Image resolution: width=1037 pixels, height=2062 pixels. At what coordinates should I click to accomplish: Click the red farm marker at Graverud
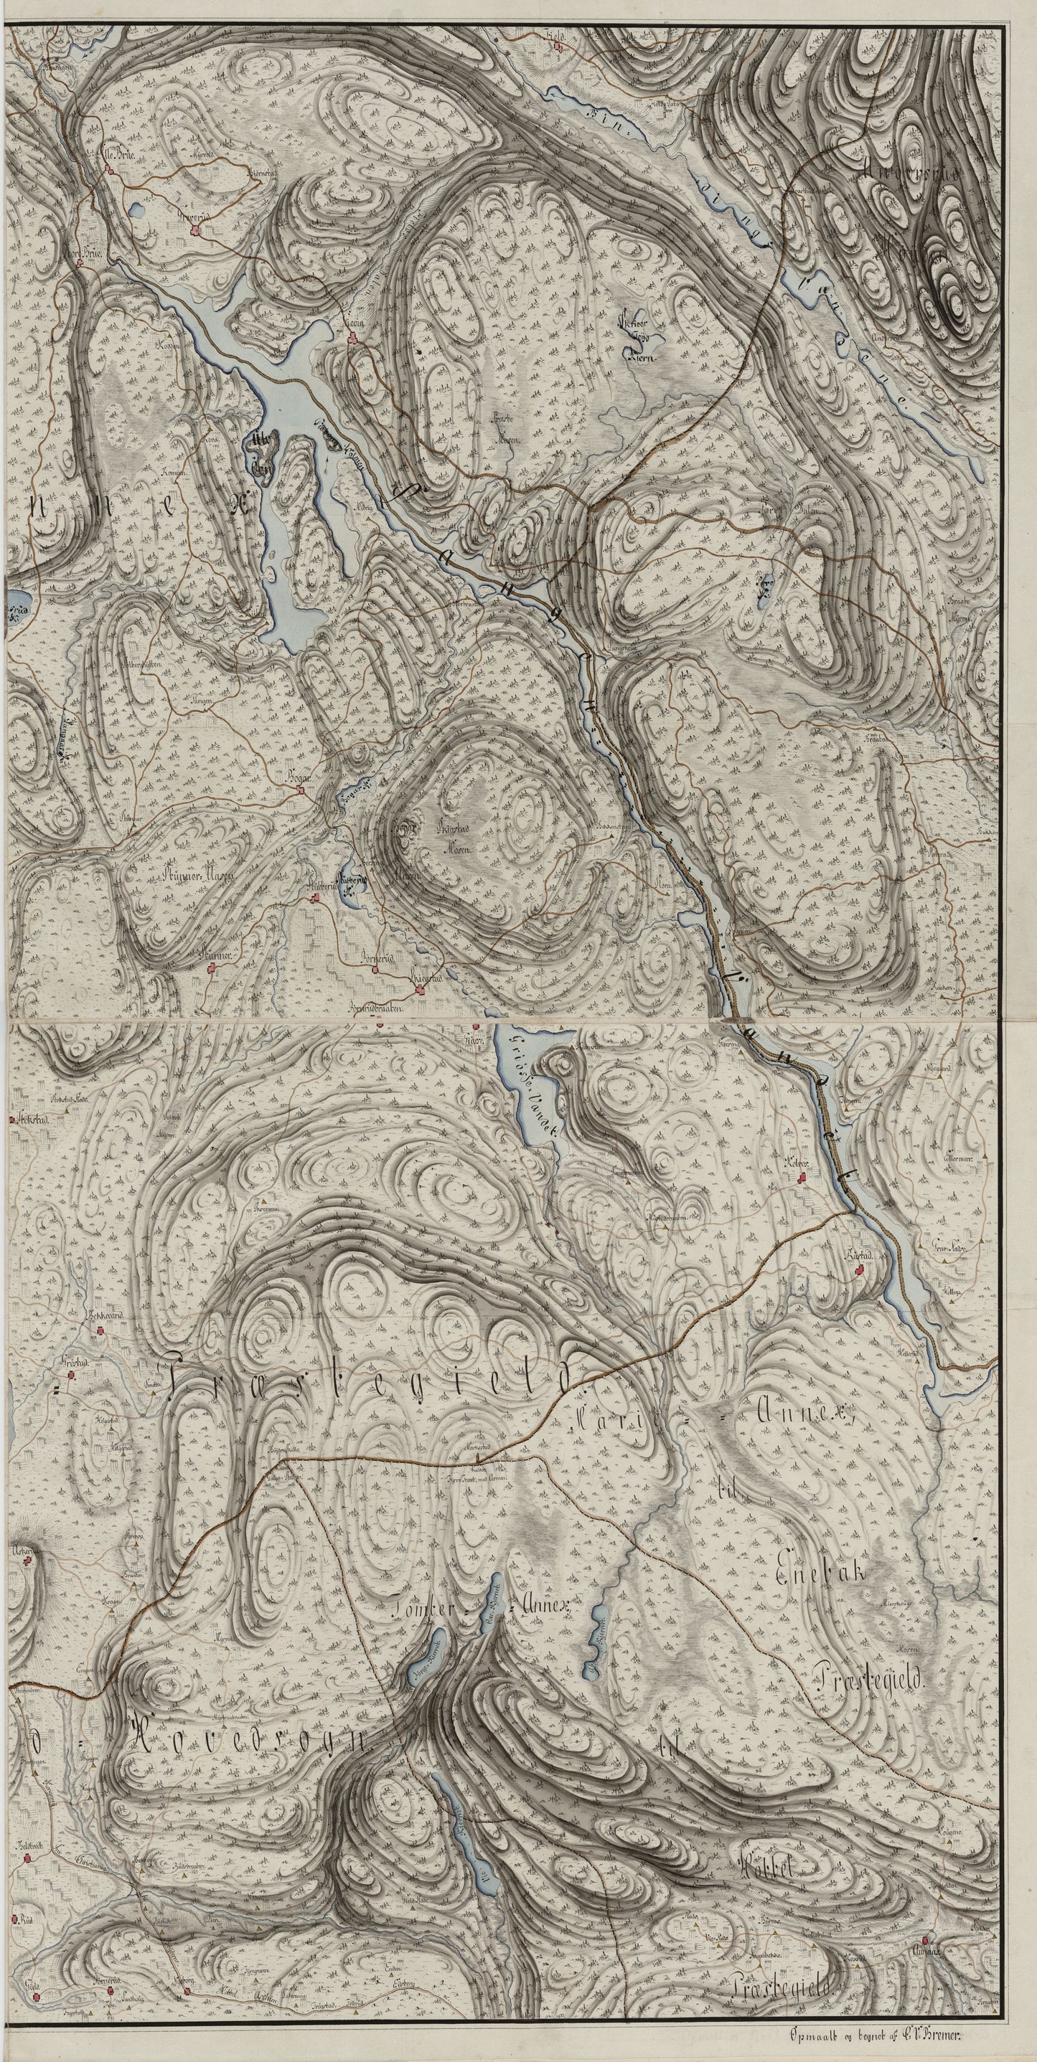(x=194, y=232)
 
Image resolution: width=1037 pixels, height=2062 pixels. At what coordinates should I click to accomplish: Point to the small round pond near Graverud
(x=136, y=212)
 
